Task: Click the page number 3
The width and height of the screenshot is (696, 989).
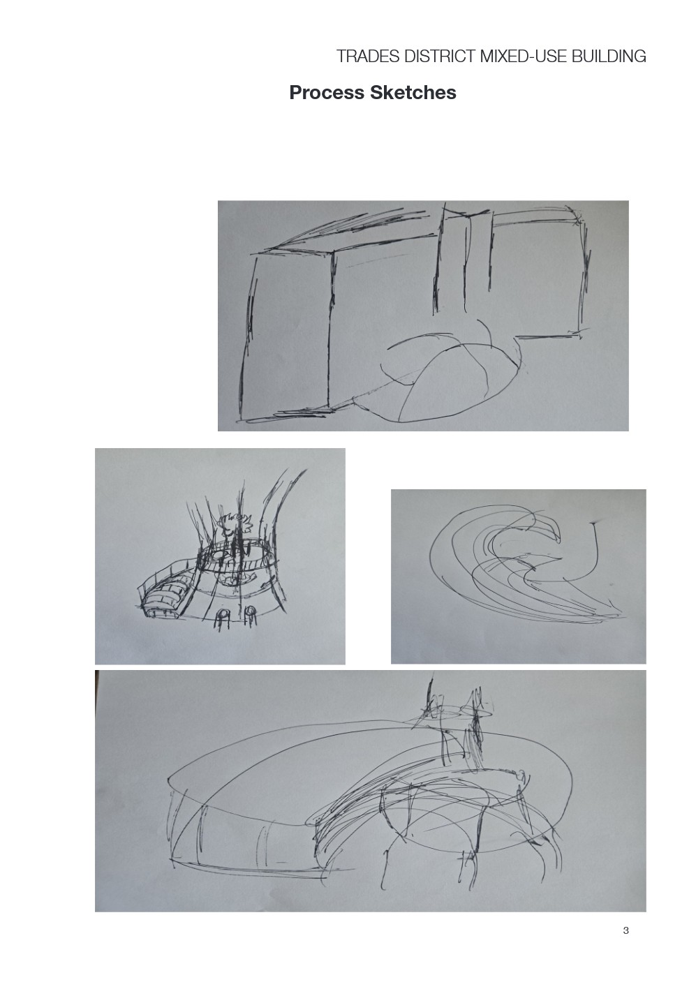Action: coord(625,930)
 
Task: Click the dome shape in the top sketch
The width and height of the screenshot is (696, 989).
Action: coord(447,377)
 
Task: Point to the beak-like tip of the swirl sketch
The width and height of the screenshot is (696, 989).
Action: coord(556,539)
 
